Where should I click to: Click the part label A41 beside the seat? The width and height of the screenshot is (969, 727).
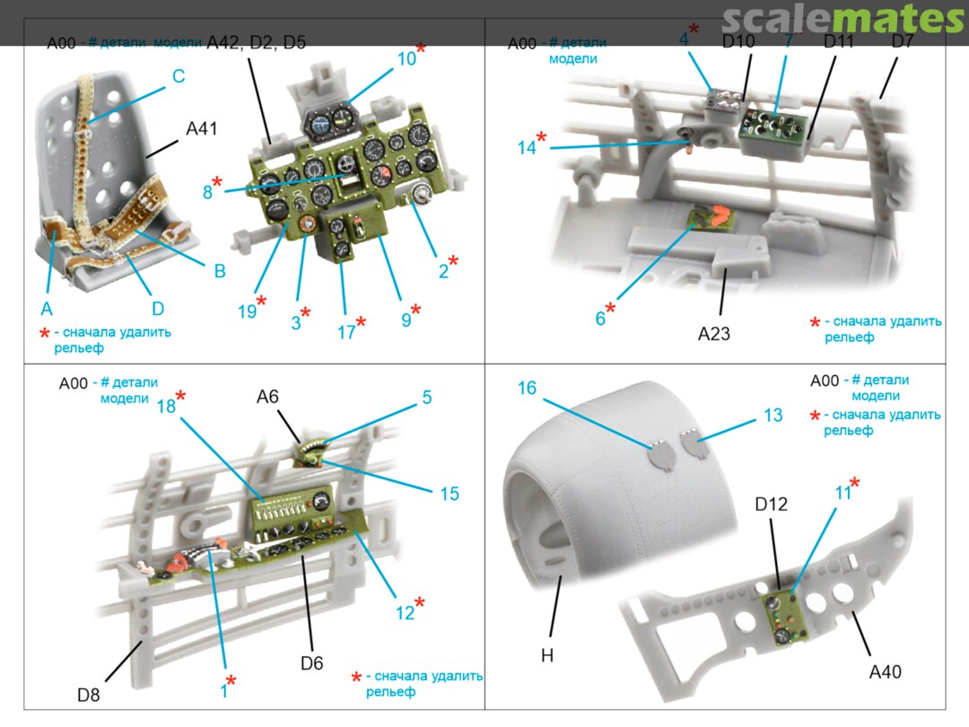pos(202,129)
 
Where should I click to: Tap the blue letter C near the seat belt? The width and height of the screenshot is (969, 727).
pos(179,76)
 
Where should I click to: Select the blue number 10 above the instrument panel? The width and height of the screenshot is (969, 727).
pos(406,59)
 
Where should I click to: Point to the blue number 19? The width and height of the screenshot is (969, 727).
pos(248,311)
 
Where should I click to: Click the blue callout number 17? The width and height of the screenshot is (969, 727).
pos(346,333)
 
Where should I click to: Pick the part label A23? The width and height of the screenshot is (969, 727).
pos(714,334)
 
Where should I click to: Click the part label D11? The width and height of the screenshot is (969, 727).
pos(841,41)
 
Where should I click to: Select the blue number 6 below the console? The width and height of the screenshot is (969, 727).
pos(600,317)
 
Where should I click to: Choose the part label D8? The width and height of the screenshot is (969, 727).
pos(89,695)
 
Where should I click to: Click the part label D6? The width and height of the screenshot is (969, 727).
pos(311,663)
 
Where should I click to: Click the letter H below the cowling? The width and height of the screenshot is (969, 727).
pos(547,656)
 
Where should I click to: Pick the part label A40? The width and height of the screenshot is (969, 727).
pos(885,670)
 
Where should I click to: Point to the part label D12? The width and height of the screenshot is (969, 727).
pos(771,504)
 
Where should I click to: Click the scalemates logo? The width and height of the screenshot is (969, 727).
pos(842,19)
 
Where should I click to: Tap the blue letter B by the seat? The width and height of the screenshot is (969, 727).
pos(219,271)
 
